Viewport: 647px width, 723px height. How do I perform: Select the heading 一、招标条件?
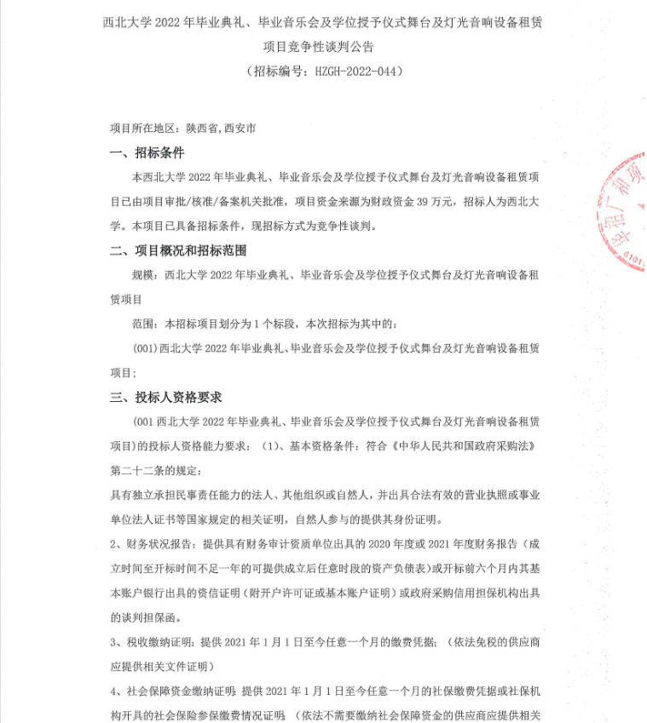147,153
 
